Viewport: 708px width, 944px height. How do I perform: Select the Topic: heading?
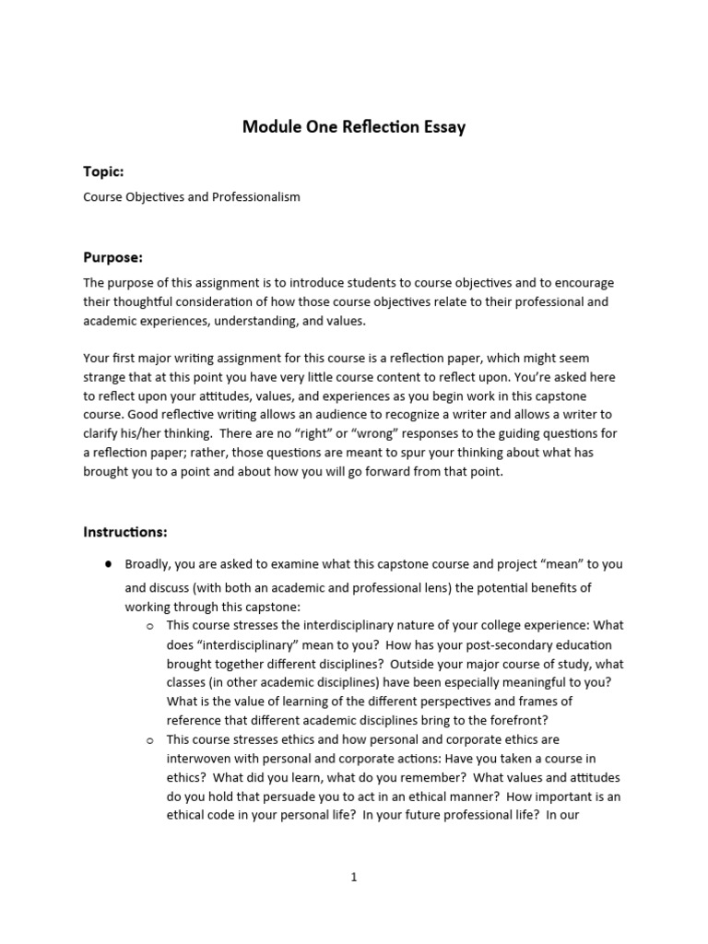[103, 171]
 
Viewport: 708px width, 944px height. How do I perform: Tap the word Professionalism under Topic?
[254, 197]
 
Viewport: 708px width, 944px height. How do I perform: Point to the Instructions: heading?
[125, 532]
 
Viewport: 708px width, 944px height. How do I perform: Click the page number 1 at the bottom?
[353, 878]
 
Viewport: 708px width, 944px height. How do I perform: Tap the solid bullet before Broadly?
[109, 563]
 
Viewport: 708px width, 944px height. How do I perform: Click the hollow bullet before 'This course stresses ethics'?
[149, 740]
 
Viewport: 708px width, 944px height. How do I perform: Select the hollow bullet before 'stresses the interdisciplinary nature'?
[149, 626]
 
